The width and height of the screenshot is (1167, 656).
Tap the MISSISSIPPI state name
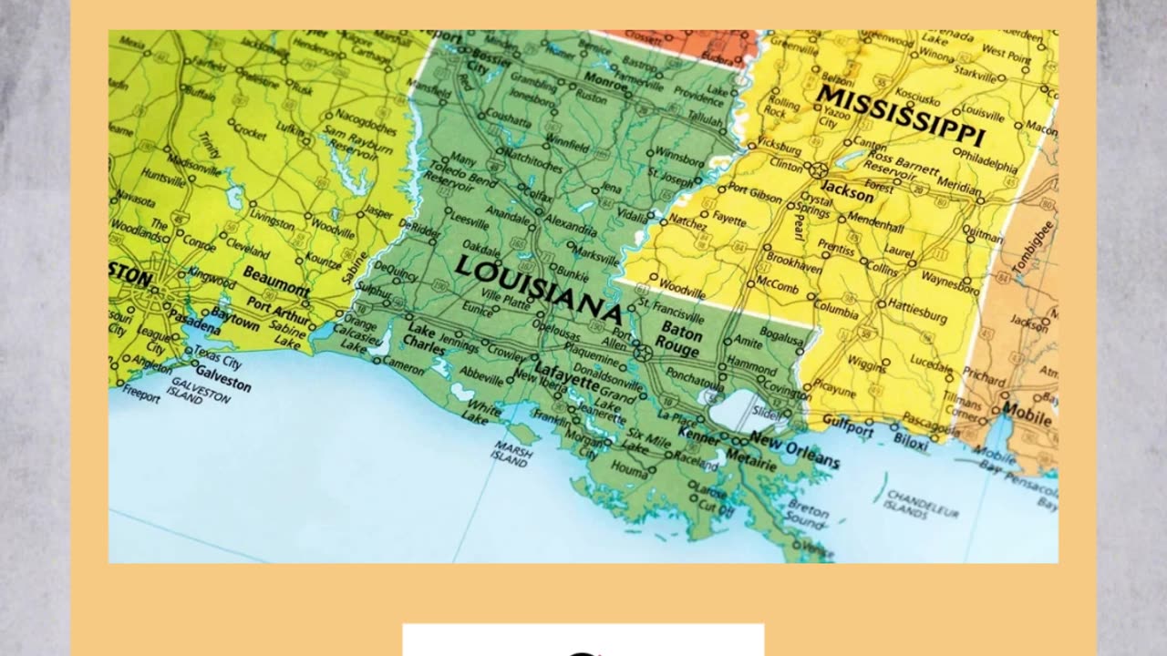pyautogui.click(x=900, y=117)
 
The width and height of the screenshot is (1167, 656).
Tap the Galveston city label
pyautogui.click(x=222, y=382)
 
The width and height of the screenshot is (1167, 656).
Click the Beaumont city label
pyautogui.click(x=275, y=281)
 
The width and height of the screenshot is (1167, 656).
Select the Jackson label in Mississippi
pyautogui.click(x=847, y=192)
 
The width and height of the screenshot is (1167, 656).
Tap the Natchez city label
pyautogui.click(x=687, y=222)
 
